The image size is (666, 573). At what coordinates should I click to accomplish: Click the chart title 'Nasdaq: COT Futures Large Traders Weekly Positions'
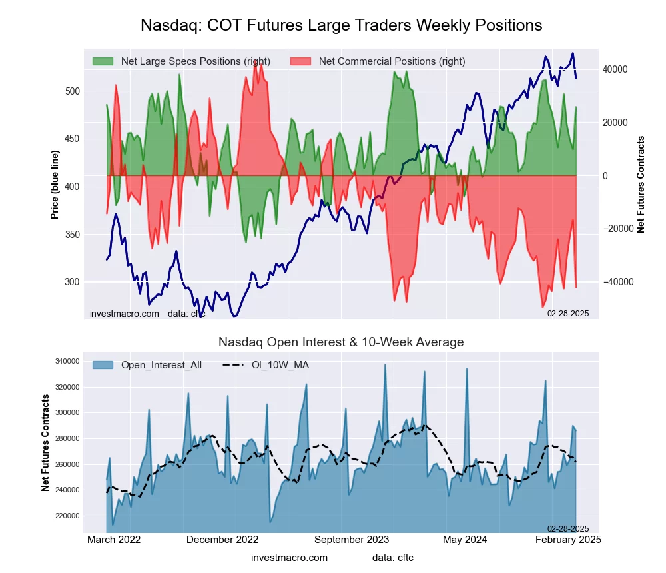[x=341, y=25]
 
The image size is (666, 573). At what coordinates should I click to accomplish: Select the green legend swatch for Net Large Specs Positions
[x=103, y=61]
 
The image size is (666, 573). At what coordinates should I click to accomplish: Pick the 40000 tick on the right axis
[x=616, y=69]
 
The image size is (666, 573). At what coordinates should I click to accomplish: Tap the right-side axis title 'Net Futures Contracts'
[x=641, y=184]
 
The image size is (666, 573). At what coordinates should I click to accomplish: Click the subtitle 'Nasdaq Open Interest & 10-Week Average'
[x=341, y=342]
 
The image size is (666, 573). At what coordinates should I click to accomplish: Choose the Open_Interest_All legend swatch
[x=103, y=365]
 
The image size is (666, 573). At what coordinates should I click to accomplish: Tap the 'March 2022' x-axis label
[x=114, y=540]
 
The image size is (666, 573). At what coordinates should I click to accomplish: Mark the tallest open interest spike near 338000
[x=385, y=365]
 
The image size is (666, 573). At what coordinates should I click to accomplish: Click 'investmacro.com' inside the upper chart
[x=125, y=314]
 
